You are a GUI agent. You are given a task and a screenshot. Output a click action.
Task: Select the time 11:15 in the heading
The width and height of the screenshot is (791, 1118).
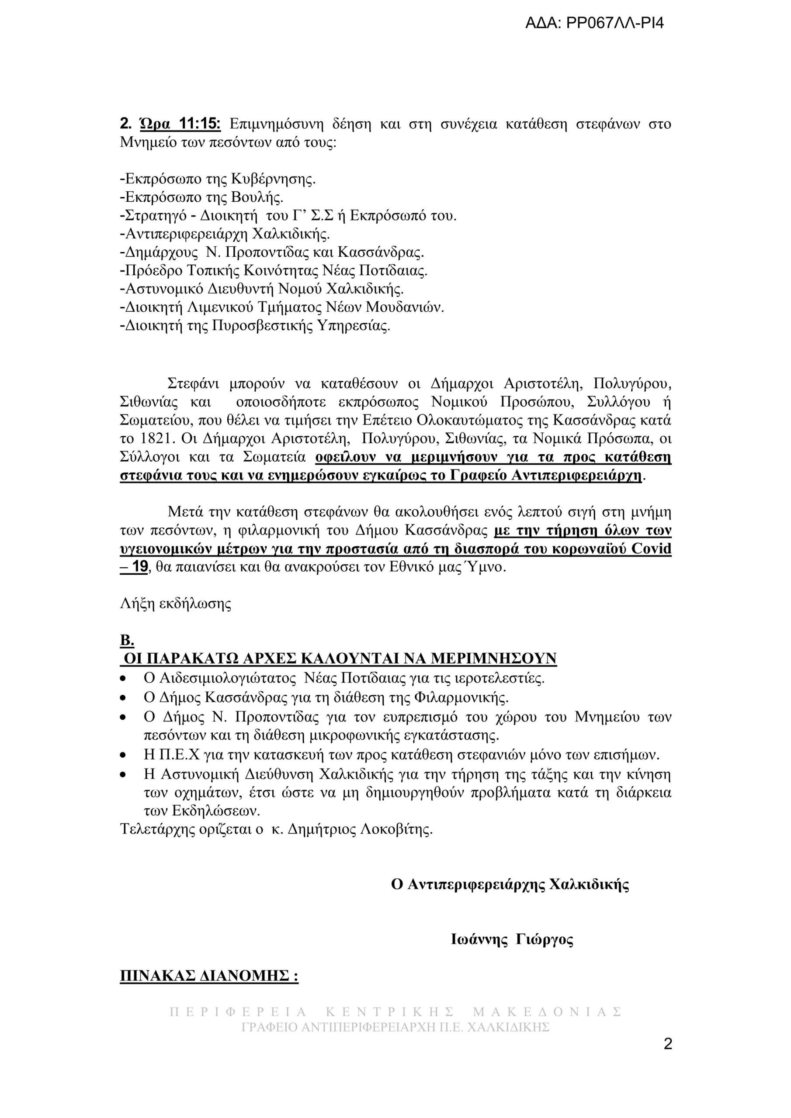[x=200, y=124]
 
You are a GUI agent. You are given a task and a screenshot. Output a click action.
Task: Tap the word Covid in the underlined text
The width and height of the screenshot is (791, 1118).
[x=651, y=549]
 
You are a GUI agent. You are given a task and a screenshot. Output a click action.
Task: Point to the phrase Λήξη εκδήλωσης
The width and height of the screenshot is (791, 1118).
[x=175, y=604]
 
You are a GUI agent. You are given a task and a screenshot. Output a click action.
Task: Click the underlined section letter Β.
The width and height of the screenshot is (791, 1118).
[x=126, y=641]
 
